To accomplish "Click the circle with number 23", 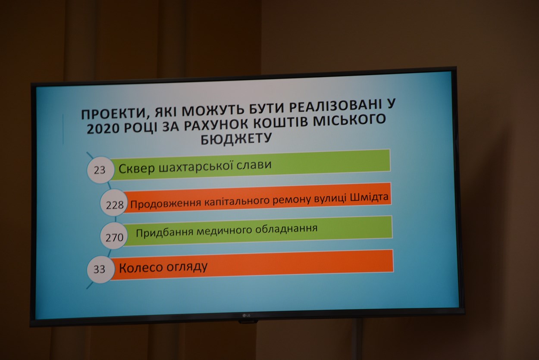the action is [100, 170].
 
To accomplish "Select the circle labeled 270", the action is [114, 235].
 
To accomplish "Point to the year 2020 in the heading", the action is [103, 129].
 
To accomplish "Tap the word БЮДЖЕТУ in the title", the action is [236, 139].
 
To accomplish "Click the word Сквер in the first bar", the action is [137, 168].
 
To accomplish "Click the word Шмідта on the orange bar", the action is [370, 197].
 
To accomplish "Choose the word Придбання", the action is [165, 232].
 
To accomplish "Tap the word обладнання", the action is [286, 229].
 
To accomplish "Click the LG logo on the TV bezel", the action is [246, 316].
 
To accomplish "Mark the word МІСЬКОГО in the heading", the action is [349, 120].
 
